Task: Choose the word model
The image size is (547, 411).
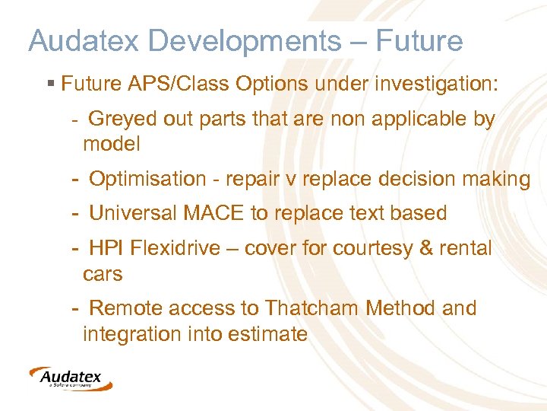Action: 112,144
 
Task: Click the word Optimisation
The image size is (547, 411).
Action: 147,180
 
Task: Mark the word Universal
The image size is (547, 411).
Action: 133,214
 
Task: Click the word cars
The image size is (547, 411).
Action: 103,274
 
